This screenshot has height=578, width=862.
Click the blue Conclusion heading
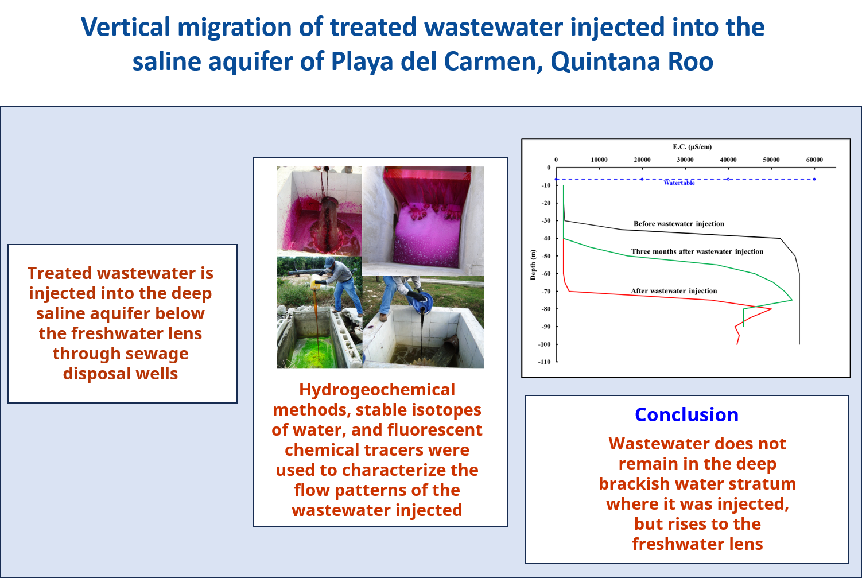click(x=686, y=414)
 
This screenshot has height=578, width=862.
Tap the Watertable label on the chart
click(x=679, y=183)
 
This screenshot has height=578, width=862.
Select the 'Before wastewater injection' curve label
click(x=679, y=224)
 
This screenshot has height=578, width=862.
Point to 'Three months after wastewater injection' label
click(x=697, y=251)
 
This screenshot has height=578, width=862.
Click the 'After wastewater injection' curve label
click(x=674, y=291)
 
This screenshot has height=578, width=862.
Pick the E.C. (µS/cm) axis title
click(x=692, y=146)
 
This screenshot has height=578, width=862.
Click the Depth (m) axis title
click(x=533, y=265)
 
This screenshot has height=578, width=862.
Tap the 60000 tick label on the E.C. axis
click(x=815, y=160)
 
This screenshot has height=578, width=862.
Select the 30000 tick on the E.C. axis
click(x=685, y=160)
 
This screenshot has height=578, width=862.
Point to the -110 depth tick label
click(x=544, y=362)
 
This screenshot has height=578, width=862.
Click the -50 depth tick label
click(x=546, y=256)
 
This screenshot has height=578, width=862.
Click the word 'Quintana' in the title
click(x=605, y=61)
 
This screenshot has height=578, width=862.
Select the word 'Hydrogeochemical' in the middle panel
click(x=377, y=390)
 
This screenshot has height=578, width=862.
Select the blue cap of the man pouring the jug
click(x=330, y=262)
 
